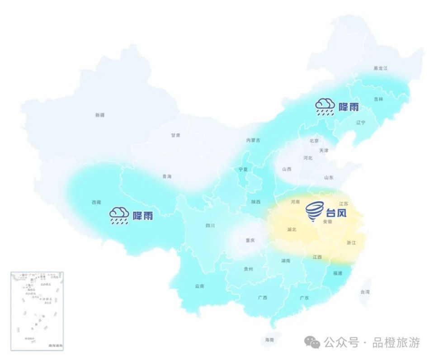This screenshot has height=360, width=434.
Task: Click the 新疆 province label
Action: tap(100, 115)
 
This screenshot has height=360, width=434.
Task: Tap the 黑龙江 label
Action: tap(380, 68)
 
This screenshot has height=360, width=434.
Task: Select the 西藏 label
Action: tap(96, 203)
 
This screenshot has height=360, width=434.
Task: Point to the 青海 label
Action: tap(167, 176)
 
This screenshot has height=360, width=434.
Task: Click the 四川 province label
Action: tap(210, 225)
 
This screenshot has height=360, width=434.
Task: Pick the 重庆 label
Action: tap(250, 240)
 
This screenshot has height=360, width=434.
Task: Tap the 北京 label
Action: tap(314, 141)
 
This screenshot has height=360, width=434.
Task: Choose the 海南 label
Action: tap(269, 340)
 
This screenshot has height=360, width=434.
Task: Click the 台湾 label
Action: tap(365, 292)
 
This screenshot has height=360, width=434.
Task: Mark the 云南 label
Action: tap(199, 286)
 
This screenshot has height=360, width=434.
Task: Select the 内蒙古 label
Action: tap(253, 140)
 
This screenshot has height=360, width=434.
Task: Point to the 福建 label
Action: tap(338, 273)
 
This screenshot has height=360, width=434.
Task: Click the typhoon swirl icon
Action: tap(315, 211)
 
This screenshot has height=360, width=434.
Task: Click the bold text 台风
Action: tap(336, 211)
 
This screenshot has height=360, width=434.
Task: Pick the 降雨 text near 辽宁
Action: tap(349, 107)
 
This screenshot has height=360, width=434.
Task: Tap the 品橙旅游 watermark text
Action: tap(396, 343)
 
